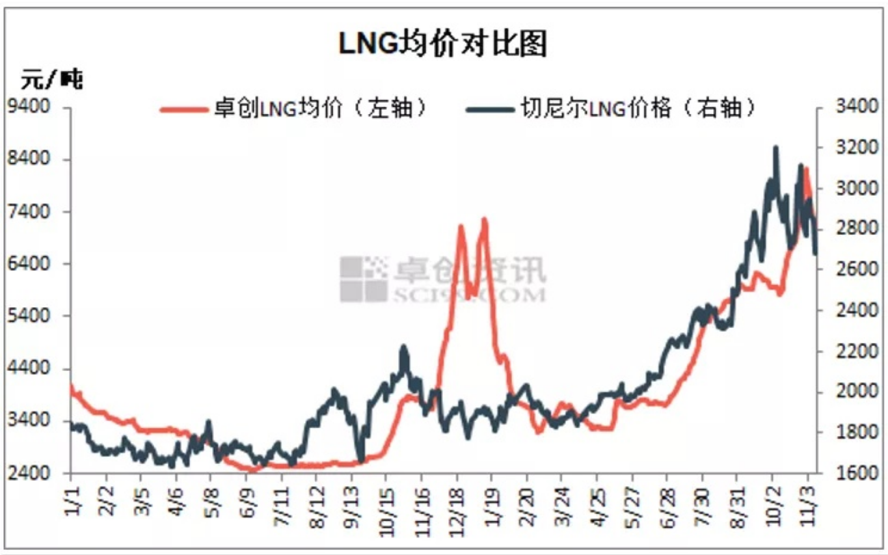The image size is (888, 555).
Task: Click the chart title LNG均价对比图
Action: pos(443,44)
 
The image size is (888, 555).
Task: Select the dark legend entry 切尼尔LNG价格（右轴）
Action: pos(612,109)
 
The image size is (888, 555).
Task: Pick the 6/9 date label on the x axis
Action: pos(246,500)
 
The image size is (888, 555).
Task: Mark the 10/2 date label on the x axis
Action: pos(772,500)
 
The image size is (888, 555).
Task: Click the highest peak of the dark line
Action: pos(775,148)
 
